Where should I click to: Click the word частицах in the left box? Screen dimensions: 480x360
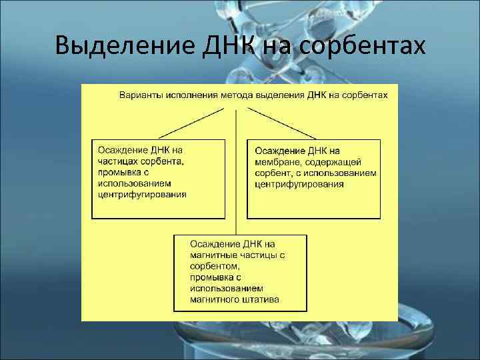117,161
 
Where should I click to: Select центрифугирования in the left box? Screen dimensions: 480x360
142,194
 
